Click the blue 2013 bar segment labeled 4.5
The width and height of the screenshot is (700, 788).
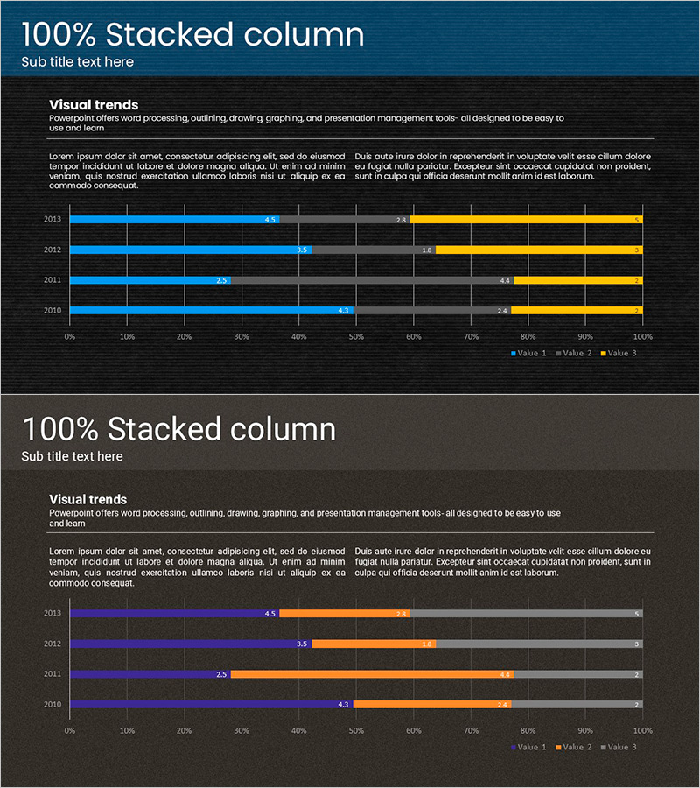(x=175, y=220)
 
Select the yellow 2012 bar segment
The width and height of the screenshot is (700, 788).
(x=539, y=250)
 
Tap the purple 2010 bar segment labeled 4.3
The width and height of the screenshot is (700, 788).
(x=211, y=704)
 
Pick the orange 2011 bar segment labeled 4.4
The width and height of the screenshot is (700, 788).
(x=372, y=674)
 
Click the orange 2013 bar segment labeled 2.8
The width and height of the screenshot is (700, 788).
(x=345, y=614)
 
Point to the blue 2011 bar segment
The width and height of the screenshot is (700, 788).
(x=150, y=280)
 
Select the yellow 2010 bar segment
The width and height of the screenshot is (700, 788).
(x=577, y=310)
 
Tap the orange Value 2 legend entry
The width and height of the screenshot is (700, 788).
(x=573, y=747)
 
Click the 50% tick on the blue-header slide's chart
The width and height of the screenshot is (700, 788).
(x=356, y=336)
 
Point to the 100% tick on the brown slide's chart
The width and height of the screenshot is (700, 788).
(x=642, y=730)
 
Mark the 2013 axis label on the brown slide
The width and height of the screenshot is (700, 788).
(x=52, y=614)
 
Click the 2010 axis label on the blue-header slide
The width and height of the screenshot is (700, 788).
(x=52, y=310)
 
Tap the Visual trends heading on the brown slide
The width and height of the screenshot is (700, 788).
(x=87, y=499)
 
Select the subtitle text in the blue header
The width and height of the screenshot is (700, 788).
(x=77, y=61)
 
